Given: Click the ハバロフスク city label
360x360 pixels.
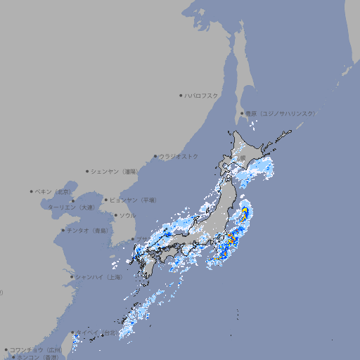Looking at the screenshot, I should pos(201,95).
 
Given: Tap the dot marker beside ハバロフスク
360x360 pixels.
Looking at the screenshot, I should pos(181,95).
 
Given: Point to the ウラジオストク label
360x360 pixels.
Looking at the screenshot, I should pos(179,156).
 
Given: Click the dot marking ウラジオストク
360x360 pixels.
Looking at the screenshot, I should pos(155,156).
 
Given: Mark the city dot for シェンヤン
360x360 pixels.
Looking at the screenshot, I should pos(88,171).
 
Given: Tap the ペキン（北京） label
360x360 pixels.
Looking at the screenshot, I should pos(54,191).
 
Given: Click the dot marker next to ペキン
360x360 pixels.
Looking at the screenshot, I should pos(32,191).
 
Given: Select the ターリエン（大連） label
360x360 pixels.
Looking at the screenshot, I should pos(70,207).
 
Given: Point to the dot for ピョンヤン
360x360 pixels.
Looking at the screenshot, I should pos(107,200).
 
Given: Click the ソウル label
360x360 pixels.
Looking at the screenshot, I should pos(127,215).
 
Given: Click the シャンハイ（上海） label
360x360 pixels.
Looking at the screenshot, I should pos(98,277).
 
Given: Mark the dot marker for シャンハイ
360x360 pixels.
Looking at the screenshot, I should pos(72,277).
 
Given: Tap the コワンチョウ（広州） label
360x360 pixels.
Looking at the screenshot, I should pos(35,349).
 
